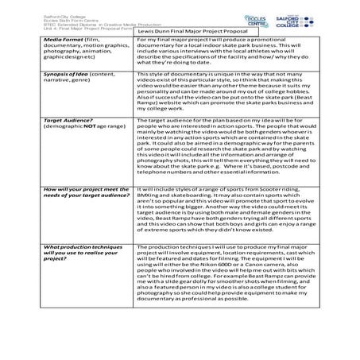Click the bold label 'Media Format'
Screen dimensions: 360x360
coord(64,39)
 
